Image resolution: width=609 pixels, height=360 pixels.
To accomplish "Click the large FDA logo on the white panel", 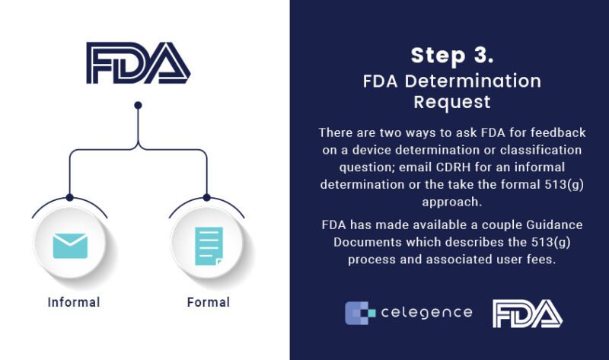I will coord(138,63).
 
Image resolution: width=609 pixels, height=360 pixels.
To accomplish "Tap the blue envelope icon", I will coord(70,246).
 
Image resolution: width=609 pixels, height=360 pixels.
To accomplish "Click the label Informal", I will coord(74,302).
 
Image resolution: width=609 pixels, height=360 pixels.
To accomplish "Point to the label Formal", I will coord(209,302).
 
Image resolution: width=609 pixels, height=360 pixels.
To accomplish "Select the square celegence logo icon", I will coord(358,313).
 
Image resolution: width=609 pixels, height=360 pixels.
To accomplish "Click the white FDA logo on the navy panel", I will coord(527,313).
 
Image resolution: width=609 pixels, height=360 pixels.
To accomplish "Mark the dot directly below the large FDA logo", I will coord(138,105).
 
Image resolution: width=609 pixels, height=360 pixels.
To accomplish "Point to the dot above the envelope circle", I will coord(70,197).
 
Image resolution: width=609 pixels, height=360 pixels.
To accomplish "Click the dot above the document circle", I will coord(206,197).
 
